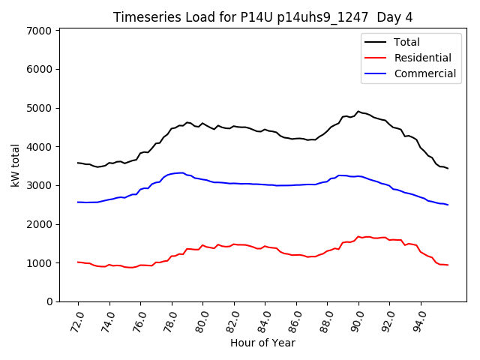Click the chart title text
[262, 16]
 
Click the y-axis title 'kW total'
[16, 166]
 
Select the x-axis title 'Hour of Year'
[262, 343]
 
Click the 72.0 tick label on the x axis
[76, 319]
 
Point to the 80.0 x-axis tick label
[201, 319]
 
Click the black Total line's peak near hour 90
[358, 112]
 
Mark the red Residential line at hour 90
[358, 236]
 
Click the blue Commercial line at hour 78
[172, 174]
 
